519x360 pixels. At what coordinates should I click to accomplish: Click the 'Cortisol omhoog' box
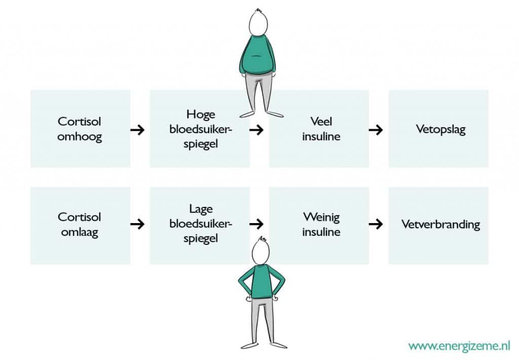pyautogui.click(x=81, y=128)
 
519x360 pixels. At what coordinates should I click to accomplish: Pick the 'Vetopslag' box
pyautogui.click(x=438, y=128)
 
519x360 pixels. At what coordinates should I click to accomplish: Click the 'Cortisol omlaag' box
pyautogui.click(x=81, y=226)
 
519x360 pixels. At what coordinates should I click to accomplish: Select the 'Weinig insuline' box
pyautogui.click(x=319, y=226)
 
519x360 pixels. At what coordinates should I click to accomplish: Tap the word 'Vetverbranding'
pyautogui.click(x=440, y=224)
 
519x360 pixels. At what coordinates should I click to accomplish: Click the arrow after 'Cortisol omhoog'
pyautogui.click(x=137, y=130)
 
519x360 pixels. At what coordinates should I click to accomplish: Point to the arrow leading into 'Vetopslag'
pyautogui.click(x=376, y=130)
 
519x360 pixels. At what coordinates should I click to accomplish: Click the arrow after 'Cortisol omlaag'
pyautogui.click(x=137, y=224)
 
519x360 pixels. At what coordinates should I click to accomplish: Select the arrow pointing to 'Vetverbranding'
pyautogui.click(x=376, y=224)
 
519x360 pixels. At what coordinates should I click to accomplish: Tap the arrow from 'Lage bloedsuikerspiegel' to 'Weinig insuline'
pyautogui.click(x=256, y=224)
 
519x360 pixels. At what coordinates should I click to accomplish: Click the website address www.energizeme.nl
pyautogui.click(x=459, y=346)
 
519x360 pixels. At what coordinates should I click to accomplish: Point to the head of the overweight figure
pyautogui.click(x=258, y=22)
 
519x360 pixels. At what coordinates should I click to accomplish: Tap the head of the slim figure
pyautogui.click(x=261, y=251)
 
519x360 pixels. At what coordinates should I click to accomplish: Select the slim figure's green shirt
pyautogui.click(x=262, y=281)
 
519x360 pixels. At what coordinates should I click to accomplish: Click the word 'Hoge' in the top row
pyautogui.click(x=201, y=114)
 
